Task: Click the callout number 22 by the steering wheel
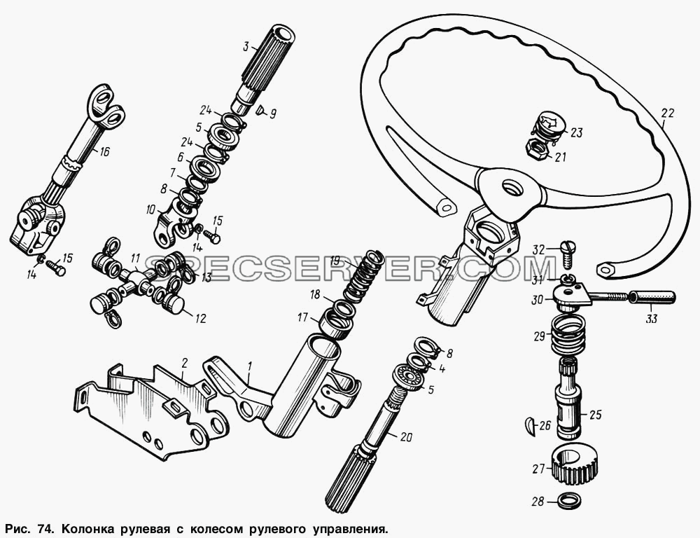pyautogui.click(x=668, y=113)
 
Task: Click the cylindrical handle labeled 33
pyautogui.click(x=652, y=297)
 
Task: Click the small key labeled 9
pyautogui.click(x=259, y=109)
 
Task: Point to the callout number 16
pyautogui.click(x=104, y=151)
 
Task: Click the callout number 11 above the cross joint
pyautogui.click(x=136, y=258)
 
